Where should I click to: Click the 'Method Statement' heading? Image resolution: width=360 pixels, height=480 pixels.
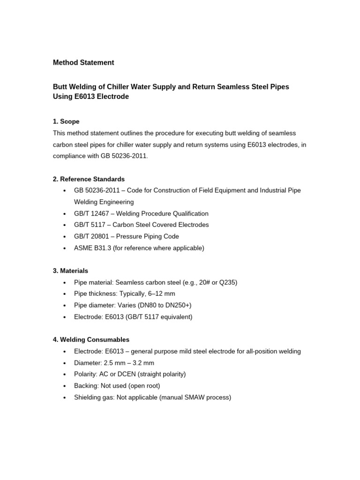click(83, 62)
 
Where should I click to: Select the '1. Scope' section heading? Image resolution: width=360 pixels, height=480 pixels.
click(66, 121)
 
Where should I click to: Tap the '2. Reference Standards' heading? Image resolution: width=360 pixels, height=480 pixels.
click(89, 179)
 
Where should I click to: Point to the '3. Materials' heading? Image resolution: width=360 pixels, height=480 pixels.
click(70, 271)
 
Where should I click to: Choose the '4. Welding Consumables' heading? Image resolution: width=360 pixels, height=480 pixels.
click(91, 339)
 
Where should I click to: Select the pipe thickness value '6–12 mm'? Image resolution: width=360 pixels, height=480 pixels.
click(161, 293)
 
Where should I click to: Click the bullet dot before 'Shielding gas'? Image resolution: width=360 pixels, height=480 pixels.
click(63, 397)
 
